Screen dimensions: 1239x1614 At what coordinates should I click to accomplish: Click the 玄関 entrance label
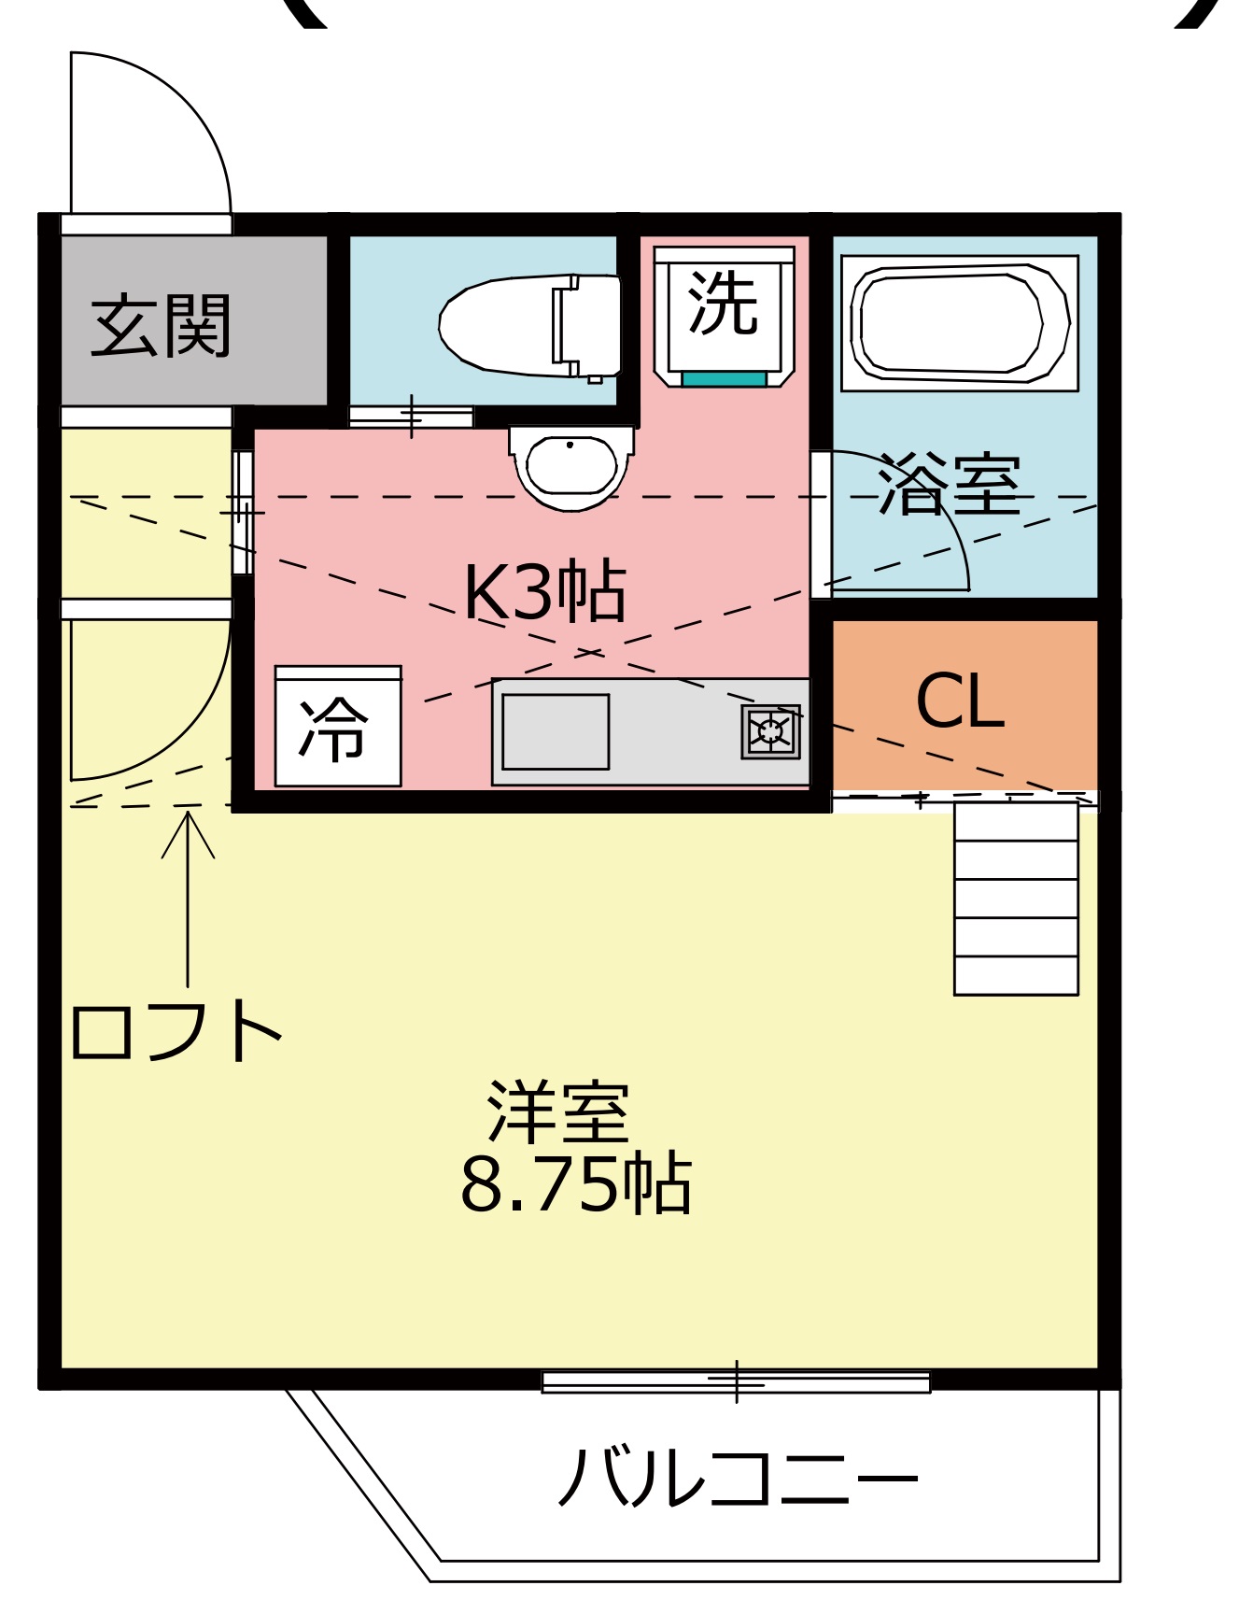tap(161, 326)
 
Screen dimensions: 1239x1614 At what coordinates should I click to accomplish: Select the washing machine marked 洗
tap(725, 317)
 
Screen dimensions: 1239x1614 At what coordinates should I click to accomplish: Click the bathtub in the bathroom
tap(960, 323)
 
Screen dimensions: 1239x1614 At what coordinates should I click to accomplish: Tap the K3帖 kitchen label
tap(545, 592)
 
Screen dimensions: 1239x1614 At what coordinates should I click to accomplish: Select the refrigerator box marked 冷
tap(338, 726)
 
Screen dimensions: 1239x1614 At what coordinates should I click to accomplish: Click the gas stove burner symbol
tap(771, 731)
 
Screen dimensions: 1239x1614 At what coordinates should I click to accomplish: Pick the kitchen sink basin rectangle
tap(556, 731)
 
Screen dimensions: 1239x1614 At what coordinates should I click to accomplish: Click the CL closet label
tap(960, 701)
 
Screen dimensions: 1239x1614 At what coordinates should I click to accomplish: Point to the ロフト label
tap(176, 1030)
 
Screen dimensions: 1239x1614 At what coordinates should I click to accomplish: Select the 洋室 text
tap(558, 1111)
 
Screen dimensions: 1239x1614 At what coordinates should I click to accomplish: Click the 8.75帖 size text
tap(576, 1183)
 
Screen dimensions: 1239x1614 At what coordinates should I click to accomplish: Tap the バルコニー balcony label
tap(738, 1477)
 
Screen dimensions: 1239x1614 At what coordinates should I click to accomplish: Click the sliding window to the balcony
tap(736, 1381)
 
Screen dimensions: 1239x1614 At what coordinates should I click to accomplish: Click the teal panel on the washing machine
tap(725, 378)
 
